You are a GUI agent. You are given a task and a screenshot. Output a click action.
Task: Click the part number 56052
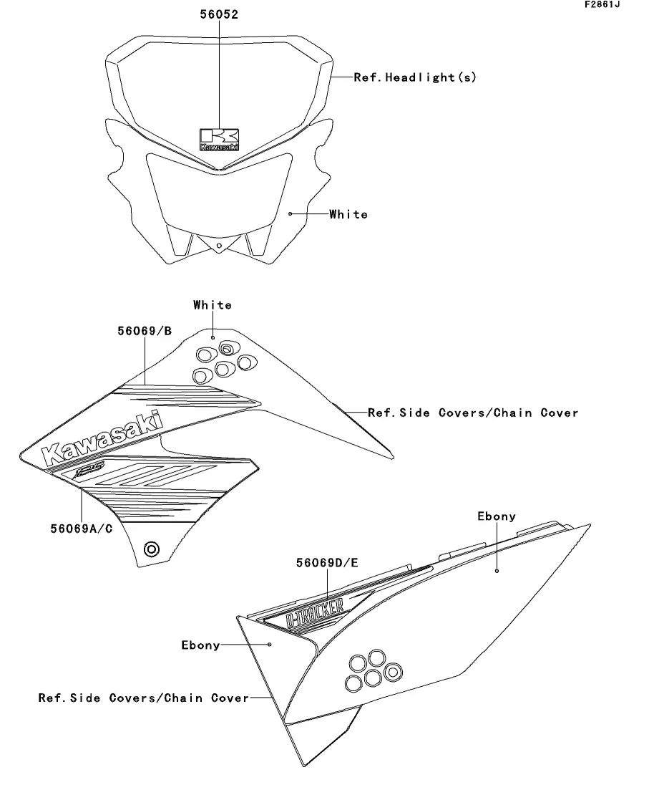pyautogui.click(x=218, y=14)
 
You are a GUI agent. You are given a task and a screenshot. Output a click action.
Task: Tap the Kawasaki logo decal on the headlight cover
pyautogui.click(x=219, y=139)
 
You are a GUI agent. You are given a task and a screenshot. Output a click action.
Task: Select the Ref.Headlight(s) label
pyautogui.click(x=415, y=77)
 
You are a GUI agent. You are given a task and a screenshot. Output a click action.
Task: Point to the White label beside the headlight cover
pyautogui.click(x=348, y=214)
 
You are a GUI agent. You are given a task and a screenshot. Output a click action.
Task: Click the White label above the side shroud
pyautogui.click(x=213, y=305)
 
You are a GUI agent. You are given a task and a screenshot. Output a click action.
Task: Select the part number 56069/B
pyautogui.click(x=145, y=331)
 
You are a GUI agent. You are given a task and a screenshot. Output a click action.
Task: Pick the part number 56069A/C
pyautogui.click(x=81, y=529)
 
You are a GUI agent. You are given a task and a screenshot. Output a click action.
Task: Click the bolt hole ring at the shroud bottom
pyautogui.click(x=152, y=549)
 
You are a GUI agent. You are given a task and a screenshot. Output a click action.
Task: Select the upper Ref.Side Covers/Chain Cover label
pyautogui.click(x=473, y=413)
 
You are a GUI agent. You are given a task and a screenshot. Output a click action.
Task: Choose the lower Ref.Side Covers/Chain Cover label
pyautogui.click(x=143, y=698)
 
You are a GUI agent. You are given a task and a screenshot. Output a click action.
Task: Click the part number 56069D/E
pyautogui.click(x=327, y=563)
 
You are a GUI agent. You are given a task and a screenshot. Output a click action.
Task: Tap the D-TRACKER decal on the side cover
pyautogui.click(x=314, y=611)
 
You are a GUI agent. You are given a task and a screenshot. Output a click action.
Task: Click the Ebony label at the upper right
pyautogui.click(x=497, y=516)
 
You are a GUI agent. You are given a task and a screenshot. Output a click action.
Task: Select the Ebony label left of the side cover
pyautogui.click(x=200, y=645)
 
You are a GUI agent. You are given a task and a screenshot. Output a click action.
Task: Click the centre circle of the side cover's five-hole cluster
pyautogui.click(x=372, y=677)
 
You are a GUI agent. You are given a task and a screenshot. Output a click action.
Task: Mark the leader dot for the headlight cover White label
pyautogui.click(x=290, y=213)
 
